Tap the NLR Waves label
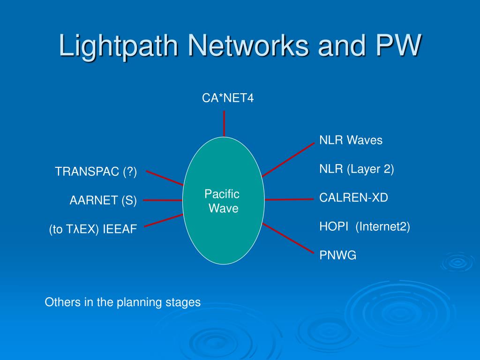(351, 140)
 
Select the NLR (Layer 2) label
(356, 169)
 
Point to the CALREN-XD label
(353, 198)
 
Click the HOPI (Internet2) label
(364, 227)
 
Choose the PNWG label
(337, 255)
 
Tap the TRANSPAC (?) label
(96, 172)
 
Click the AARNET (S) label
(103, 201)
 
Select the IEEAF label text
(120, 230)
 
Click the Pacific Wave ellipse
(224, 220)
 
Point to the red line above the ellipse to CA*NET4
(224, 123)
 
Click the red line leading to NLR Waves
(288, 160)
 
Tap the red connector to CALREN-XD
(289, 199)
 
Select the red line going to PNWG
(288, 238)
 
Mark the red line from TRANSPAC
(164, 178)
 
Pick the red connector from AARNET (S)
(163, 200)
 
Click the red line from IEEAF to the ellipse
(163, 220)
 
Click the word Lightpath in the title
(119, 46)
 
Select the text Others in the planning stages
(123, 302)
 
